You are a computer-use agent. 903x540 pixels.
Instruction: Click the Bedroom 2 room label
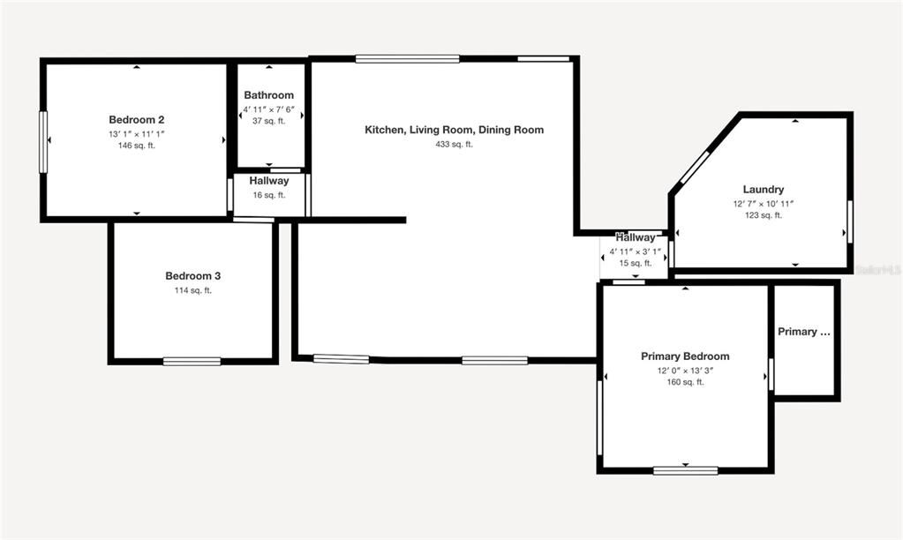pyautogui.click(x=136, y=120)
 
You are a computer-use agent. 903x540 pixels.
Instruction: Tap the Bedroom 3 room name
pyautogui.click(x=192, y=276)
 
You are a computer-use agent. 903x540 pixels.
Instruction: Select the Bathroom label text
pyautogui.click(x=268, y=95)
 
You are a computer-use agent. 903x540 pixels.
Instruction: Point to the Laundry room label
pyautogui.click(x=763, y=190)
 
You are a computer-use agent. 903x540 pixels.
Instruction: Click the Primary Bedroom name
pyautogui.click(x=685, y=356)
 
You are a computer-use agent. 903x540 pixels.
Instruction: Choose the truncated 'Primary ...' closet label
pyautogui.click(x=803, y=332)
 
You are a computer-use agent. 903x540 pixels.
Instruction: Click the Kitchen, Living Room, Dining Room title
pyautogui.click(x=454, y=130)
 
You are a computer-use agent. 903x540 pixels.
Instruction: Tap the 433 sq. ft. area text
pyautogui.click(x=454, y=144)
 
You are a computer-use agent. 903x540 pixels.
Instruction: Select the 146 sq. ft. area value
pyautogui.click(x=136, y=146)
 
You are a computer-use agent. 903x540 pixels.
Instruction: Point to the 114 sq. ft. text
pyautogui.click(x=192, y=290)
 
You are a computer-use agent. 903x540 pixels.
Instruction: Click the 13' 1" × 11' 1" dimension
pyautogui.click(x=136, y=133)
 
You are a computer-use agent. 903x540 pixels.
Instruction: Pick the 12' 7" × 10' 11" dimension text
pyautogui.click(x=763, y=203)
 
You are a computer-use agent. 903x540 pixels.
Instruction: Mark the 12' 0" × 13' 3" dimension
pyautogui.click(x=685, y=371)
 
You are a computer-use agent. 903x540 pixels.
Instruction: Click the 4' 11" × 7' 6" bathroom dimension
pyautogui.click(x=268, y=109)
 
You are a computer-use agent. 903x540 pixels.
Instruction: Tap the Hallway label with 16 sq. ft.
pyautogui.click(x=268, y=181)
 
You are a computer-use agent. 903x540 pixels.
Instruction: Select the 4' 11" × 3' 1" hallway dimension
pyautogui.click(x=636, y=251)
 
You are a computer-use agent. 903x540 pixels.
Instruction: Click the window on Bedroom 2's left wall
pyautogui.click(x=43, y=141)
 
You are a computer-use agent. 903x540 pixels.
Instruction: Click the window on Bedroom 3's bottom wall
pyautogui.click(x=192, y=361)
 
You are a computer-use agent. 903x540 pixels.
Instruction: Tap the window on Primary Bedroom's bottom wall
pyautogui.click(x=685, y=470)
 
